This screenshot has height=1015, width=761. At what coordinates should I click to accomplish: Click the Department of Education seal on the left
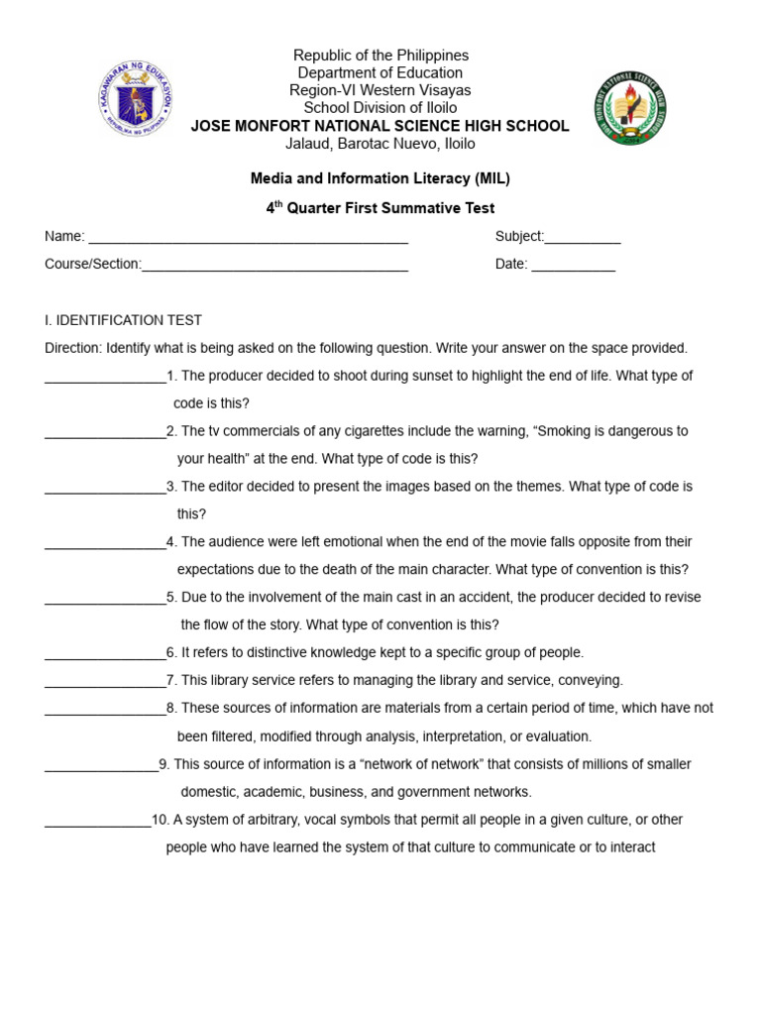[135, 99]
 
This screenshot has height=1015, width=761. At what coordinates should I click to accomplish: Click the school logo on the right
[630, 107]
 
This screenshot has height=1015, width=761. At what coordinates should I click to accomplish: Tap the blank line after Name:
[248, 238]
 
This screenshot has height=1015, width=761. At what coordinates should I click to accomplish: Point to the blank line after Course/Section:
[274, 266]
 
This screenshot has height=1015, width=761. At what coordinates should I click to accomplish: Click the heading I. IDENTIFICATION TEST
[123, 320]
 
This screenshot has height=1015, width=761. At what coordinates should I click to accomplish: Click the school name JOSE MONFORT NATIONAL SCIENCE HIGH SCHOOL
[380, 126]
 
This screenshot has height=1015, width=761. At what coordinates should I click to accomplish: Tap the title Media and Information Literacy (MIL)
[380, 178]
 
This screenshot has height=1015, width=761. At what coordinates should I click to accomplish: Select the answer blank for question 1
[105, 378]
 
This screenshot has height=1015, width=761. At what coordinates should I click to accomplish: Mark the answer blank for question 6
[105, 654]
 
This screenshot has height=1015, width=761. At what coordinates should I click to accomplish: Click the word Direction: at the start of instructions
[73, 348]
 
